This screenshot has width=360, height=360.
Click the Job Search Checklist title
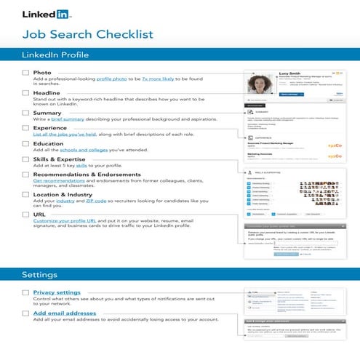88,34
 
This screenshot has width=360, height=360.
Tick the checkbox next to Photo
25,73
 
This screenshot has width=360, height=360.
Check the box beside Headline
25,94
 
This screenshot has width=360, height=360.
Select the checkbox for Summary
25,113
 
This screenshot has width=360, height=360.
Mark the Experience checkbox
25,129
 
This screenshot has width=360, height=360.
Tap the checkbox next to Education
25,144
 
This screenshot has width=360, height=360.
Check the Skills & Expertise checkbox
25,160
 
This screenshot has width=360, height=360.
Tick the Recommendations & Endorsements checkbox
25,175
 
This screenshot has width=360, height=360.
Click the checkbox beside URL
25,215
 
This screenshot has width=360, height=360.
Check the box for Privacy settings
25,292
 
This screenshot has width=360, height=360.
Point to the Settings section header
41,275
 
